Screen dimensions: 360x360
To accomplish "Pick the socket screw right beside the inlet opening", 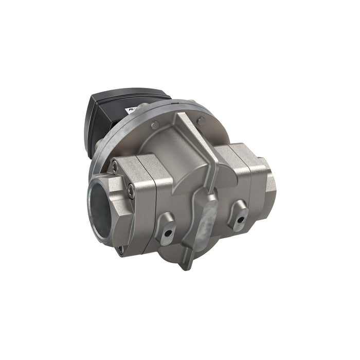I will point(132,192).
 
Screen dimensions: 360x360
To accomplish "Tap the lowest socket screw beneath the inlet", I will point(120,250).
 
